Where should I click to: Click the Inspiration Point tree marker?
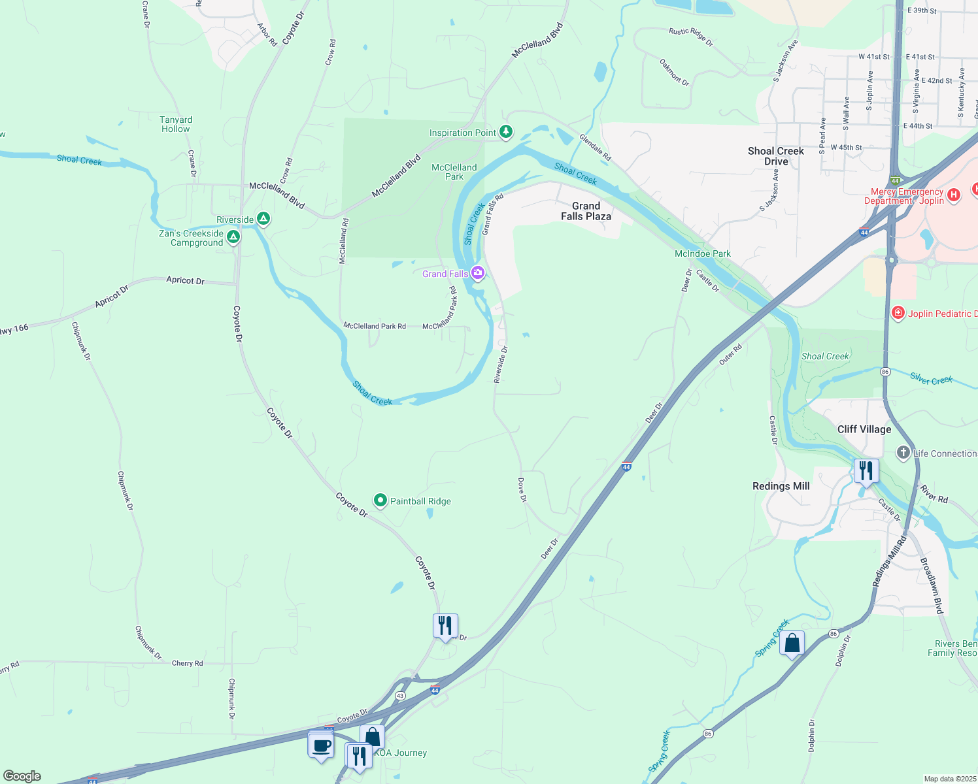tap(505, 132)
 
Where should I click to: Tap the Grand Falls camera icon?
tap(478, 273)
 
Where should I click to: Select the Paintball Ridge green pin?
tap(380, 500)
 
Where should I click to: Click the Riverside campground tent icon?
tap(263, 219)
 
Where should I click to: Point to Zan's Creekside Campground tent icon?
tap(233, 236)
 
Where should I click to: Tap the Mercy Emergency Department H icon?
tap(953, 195)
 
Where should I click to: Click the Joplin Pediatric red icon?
tap(898, 314)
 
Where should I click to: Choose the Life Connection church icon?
tap(903, 453)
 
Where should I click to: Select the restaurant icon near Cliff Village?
tap(866, 471)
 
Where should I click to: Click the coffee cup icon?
tap(321, 745)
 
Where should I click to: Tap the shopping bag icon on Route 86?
tap(792, 644)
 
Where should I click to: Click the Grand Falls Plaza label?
tap(586, 211)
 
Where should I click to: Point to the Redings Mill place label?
tap(781, 486)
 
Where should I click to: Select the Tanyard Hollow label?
tap(176, 124)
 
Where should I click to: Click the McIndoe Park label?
tap(703, 253)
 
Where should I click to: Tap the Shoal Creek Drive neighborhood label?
tap(776, 156)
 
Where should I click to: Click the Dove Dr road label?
tap(522, 489)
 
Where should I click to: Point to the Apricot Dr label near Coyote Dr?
tap(185, 280)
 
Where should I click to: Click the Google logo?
tap(22, 776)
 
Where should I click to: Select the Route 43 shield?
tap(400, 696)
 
